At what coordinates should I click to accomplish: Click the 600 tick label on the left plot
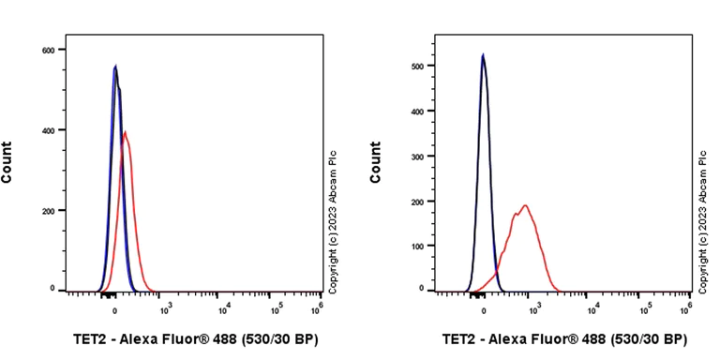point(48,50)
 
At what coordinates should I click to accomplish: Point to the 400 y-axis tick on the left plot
point(48,130)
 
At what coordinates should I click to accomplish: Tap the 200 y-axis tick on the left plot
point(48,211)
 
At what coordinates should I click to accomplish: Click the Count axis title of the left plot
point(7,161)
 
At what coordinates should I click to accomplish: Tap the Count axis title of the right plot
point(376,161)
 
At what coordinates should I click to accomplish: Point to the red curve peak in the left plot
point(126,132)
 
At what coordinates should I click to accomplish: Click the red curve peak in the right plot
point(526,205)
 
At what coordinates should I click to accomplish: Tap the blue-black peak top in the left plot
point(114,67)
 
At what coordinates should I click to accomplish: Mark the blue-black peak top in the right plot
point(483,55)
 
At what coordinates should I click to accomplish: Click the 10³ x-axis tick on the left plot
point(168,307)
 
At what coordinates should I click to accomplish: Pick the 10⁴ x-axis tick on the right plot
point(592,307)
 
